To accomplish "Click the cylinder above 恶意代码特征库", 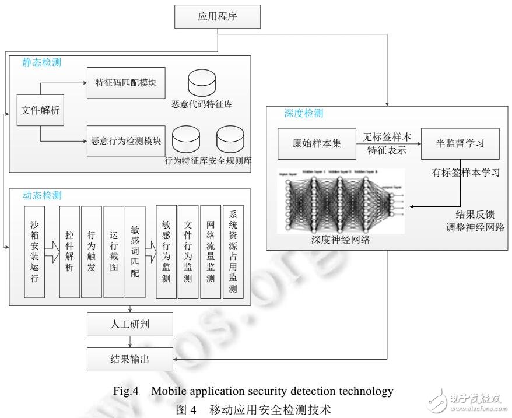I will tap(201, 83).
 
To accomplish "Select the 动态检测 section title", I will tap(42, 195).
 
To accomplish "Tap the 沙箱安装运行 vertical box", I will tap(34, 251).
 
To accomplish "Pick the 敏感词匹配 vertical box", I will tap(135, 251).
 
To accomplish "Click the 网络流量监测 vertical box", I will tap(211, 252).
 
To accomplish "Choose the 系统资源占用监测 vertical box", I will tap(233, 252).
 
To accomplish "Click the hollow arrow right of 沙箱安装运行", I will tap(52, 252).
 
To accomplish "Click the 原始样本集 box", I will tap(315, 144).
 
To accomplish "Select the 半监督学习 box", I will tap(460, 144).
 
